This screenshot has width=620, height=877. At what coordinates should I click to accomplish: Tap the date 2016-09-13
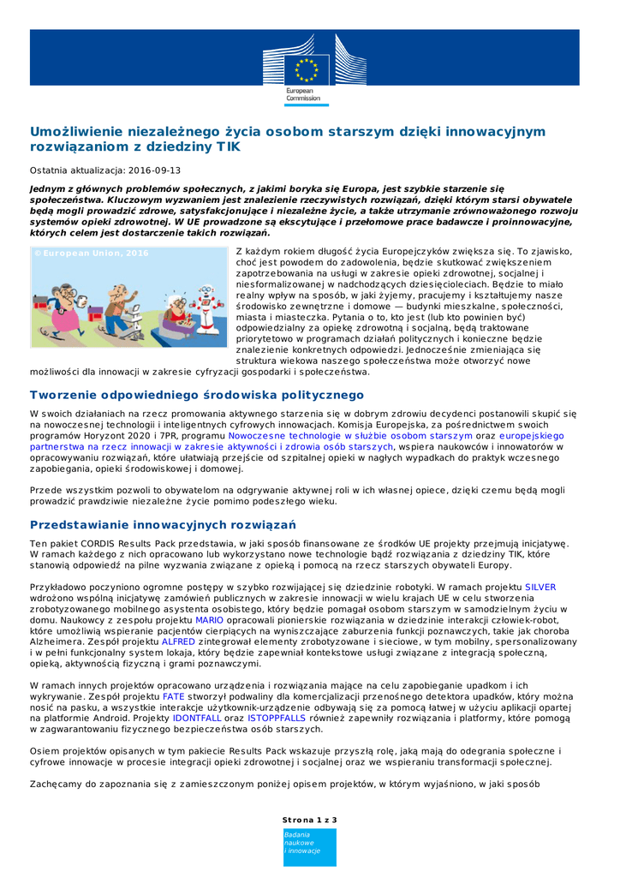coord(154,170)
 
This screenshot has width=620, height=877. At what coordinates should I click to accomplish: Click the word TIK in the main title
coord(227,147)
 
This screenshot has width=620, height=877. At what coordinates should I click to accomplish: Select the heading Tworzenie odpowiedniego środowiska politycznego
coord(197,395)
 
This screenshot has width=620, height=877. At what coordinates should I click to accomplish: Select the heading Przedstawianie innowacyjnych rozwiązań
coord(163,524)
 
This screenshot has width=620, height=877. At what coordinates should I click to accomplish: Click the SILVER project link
coord(540,587)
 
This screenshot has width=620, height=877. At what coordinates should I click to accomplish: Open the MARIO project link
coord(209,619)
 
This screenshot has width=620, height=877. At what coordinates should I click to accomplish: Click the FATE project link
coord(174,695)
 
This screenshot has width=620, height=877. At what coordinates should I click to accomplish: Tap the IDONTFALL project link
coord(197,718)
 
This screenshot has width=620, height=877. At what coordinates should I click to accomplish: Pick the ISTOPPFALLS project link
coord(276,718)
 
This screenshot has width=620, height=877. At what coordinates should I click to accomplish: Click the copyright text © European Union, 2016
coord(91,254)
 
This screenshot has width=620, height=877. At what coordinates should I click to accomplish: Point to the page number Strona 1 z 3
coord(310,820)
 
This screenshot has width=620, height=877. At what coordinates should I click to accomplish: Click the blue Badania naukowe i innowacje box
coord(310,847)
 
